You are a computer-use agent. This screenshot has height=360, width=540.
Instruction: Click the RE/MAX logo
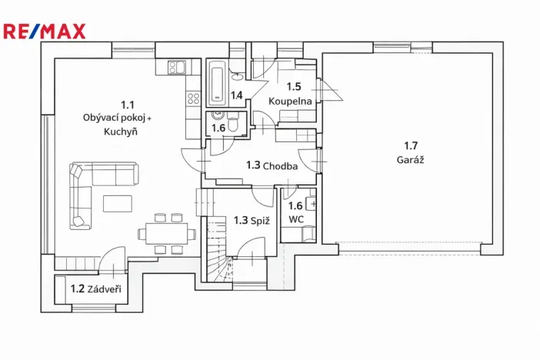[45, 32]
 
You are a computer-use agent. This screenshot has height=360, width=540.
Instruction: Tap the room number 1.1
[127, 104]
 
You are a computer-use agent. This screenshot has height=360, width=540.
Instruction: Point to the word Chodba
[280, 165]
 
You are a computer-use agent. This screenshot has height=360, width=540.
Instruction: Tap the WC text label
[296, 219]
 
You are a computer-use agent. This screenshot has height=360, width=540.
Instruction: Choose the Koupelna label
[290, 101]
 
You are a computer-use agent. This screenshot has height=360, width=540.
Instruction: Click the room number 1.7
[413, 145]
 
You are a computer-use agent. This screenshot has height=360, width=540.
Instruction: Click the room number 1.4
[237, 95]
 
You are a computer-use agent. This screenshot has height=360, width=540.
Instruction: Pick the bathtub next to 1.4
[216, 85]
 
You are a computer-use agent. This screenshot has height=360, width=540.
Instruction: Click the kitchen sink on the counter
[175, 68]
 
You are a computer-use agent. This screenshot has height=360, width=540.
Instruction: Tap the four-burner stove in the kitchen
[192, 98]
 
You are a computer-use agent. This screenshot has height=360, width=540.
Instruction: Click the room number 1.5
[294, 87]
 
